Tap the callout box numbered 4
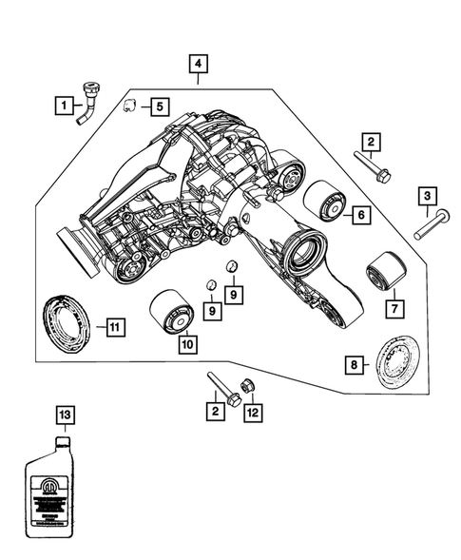[x=198, y=65]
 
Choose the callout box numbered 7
[x=392, y=309]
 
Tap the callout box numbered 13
[x=63, y=415]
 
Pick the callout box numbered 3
[x=429, y=197]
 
